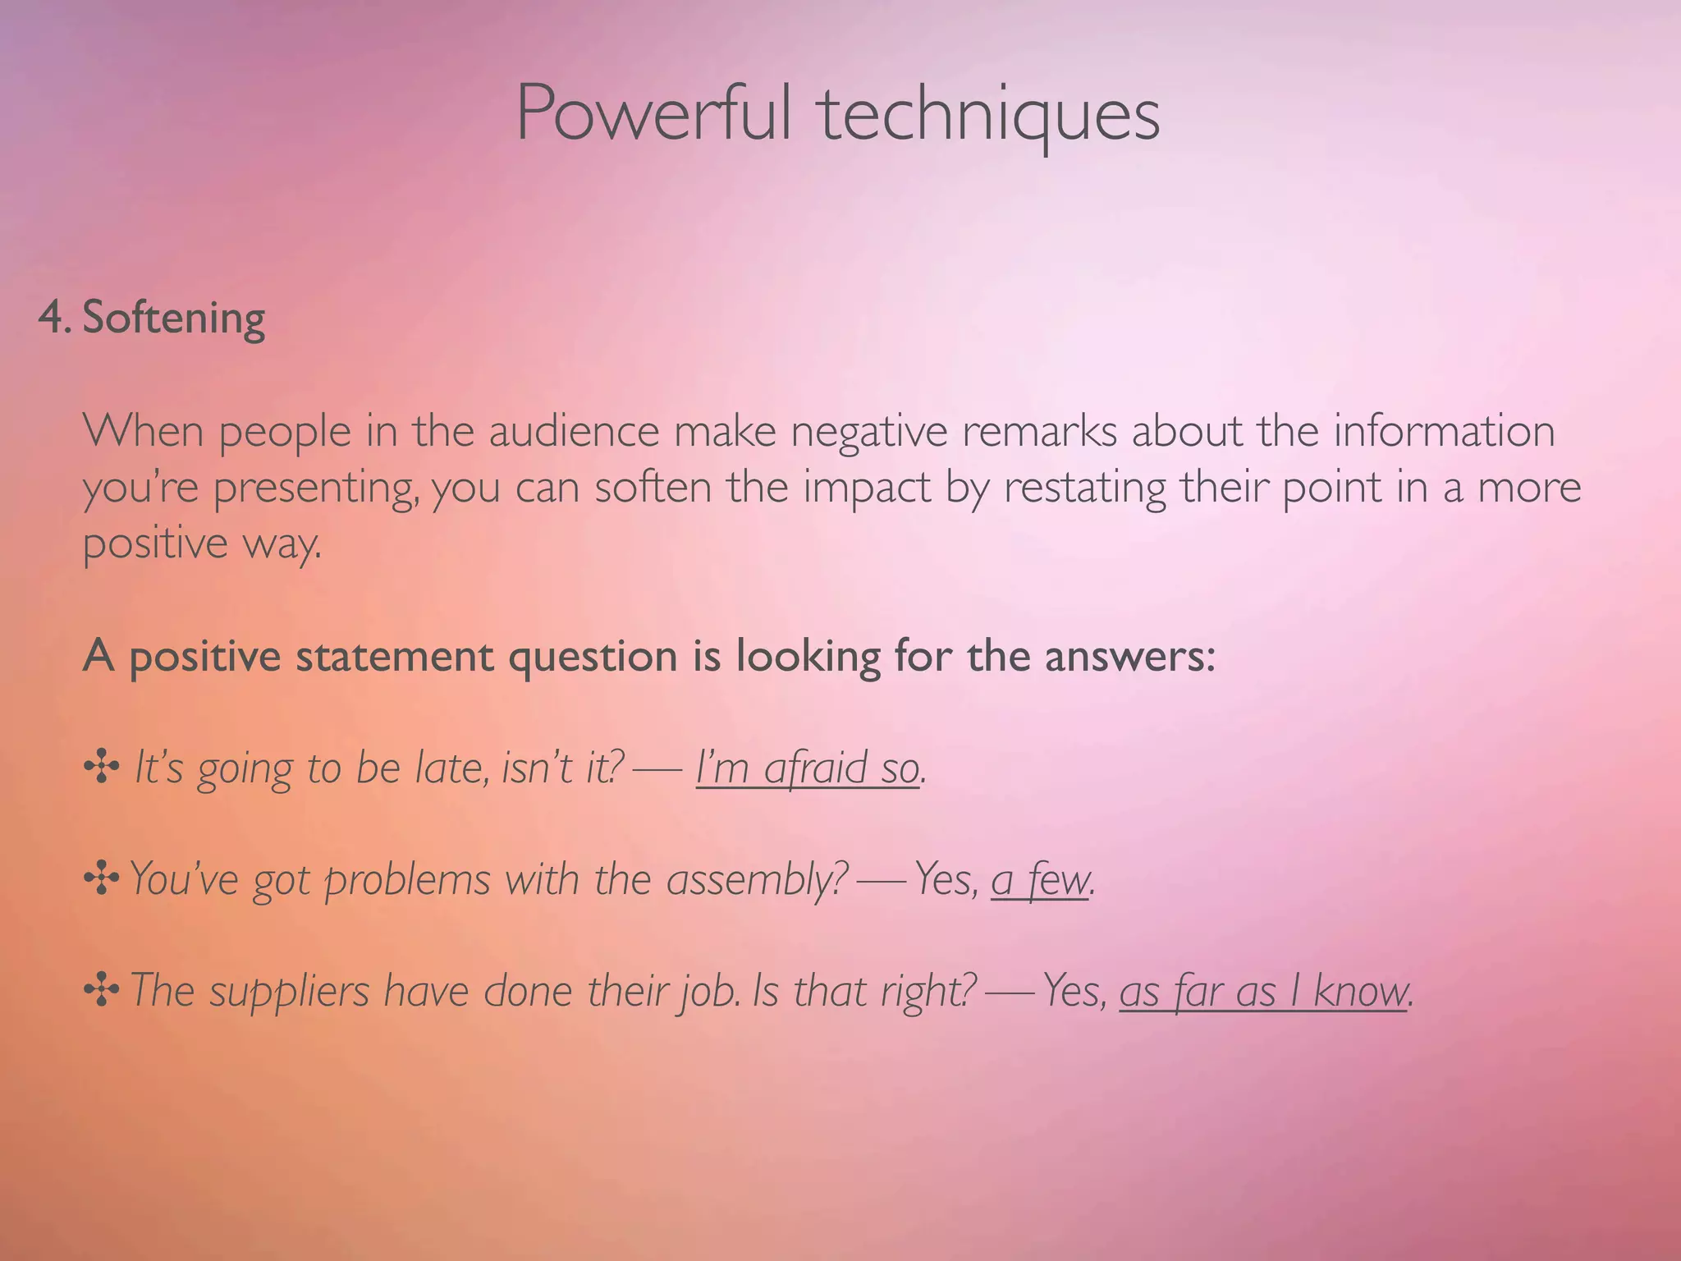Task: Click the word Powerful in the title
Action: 653,113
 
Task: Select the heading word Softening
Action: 174,318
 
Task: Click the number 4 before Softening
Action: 51,318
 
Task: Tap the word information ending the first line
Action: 1444,431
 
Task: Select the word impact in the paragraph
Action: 867,488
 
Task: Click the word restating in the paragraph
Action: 1084,488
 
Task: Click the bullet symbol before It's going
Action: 102,768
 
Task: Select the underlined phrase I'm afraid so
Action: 808,769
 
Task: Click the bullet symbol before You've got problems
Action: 102,879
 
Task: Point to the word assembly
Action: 756,881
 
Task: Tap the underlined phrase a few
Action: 1040,881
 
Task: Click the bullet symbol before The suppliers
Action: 102,991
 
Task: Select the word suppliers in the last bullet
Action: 290,993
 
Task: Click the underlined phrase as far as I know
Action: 1262,993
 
